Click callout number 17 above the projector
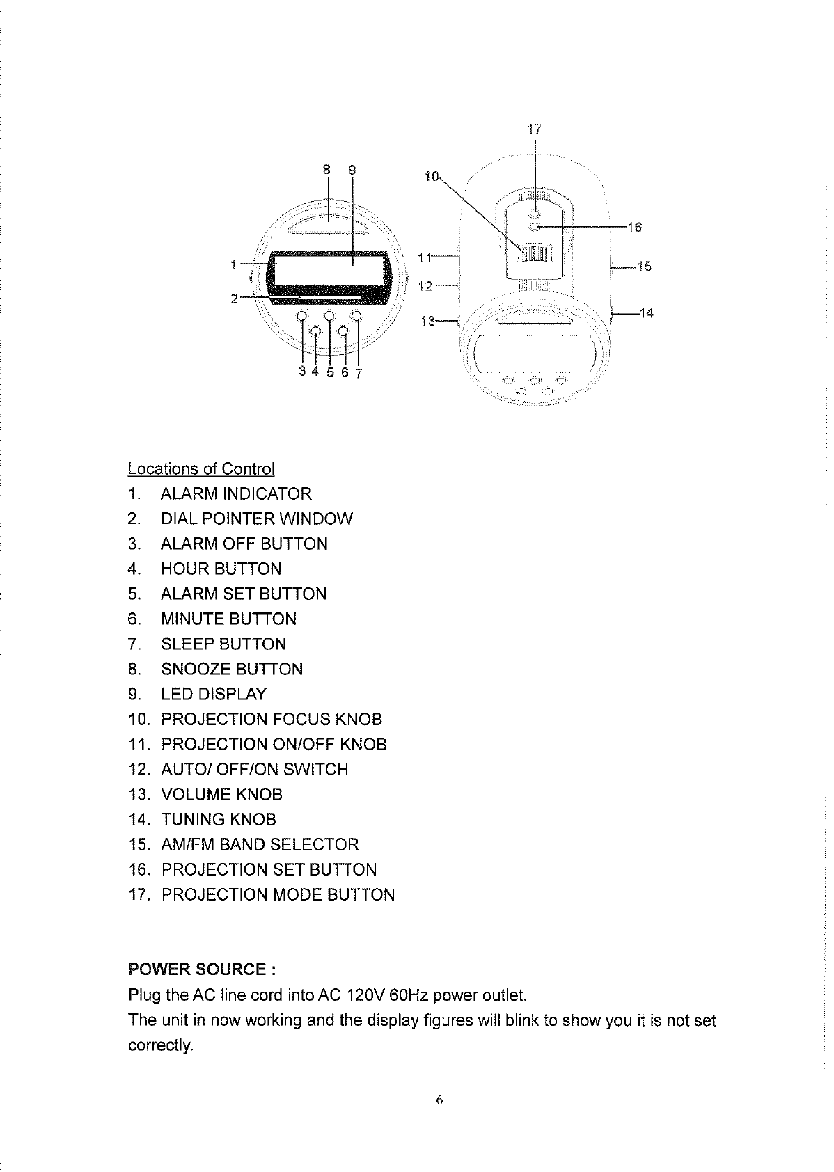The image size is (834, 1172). coord(534,129)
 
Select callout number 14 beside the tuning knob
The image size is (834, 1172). coord(646,313)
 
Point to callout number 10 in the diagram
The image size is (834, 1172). coord(431,175)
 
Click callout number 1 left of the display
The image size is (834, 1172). coord(233,264)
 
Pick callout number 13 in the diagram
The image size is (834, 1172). coord(429,321)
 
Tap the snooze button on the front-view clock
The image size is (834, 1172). coord(329,225)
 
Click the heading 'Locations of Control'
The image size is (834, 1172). coord(201,468)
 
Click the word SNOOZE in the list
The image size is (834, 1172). coord(196,670)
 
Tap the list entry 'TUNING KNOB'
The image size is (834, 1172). coord(219,820)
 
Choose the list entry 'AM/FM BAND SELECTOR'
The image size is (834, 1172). coord(260,845)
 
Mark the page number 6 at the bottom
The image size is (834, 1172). coord(439,1100)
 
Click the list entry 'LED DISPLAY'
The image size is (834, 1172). coord(214,695)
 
